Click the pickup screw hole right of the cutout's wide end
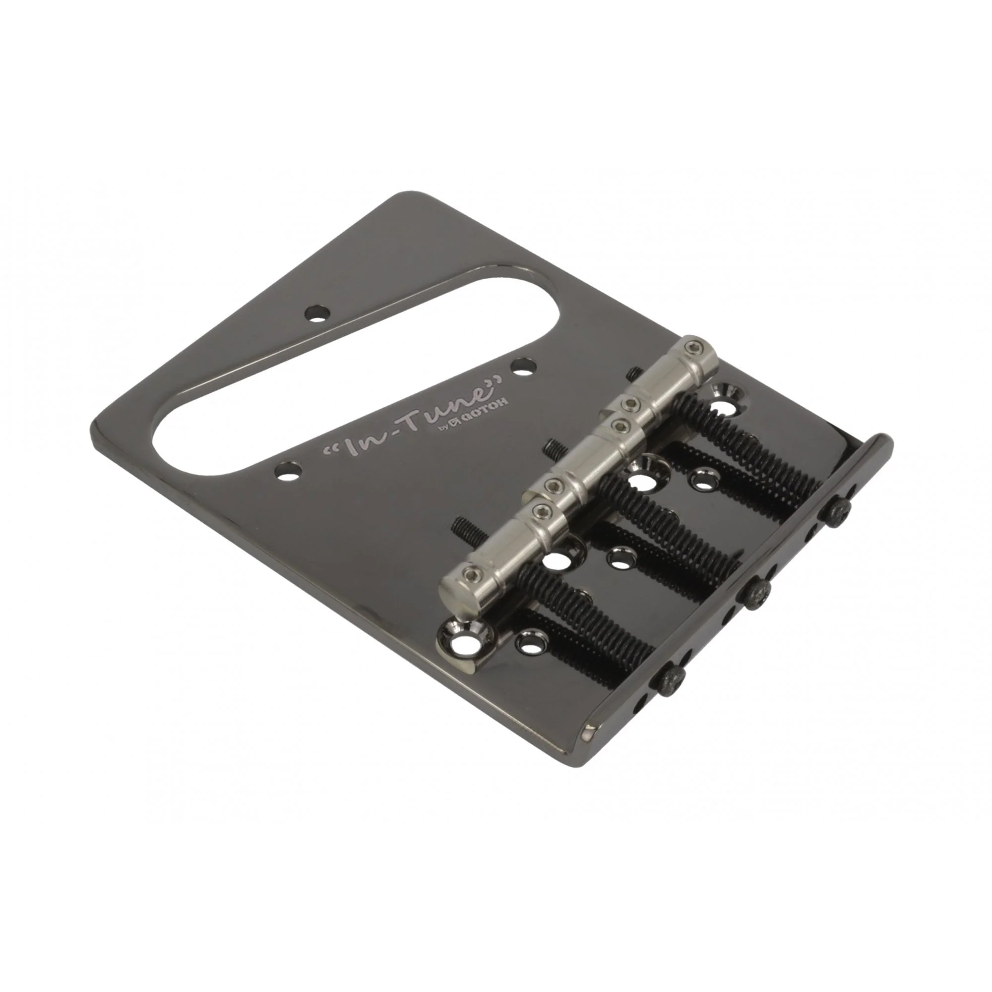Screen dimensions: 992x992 point(524,367)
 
